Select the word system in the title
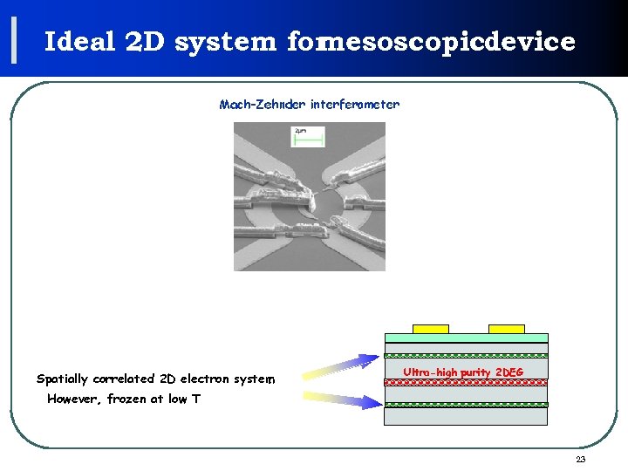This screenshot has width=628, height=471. [x=225, y=42]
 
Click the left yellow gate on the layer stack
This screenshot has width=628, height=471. [x=430, y=329]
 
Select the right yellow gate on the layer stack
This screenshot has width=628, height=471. [x=507, y=329]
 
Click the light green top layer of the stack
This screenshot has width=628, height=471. [x=466, y=338]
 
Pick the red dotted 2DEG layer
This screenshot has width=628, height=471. [x=466, y=381]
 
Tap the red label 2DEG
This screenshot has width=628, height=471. [x=509, y=372]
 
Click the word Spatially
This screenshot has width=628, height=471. [x=62, y=379]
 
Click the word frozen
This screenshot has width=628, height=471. [x=127, y=399]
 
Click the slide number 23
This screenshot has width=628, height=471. [x=581, y=460]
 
